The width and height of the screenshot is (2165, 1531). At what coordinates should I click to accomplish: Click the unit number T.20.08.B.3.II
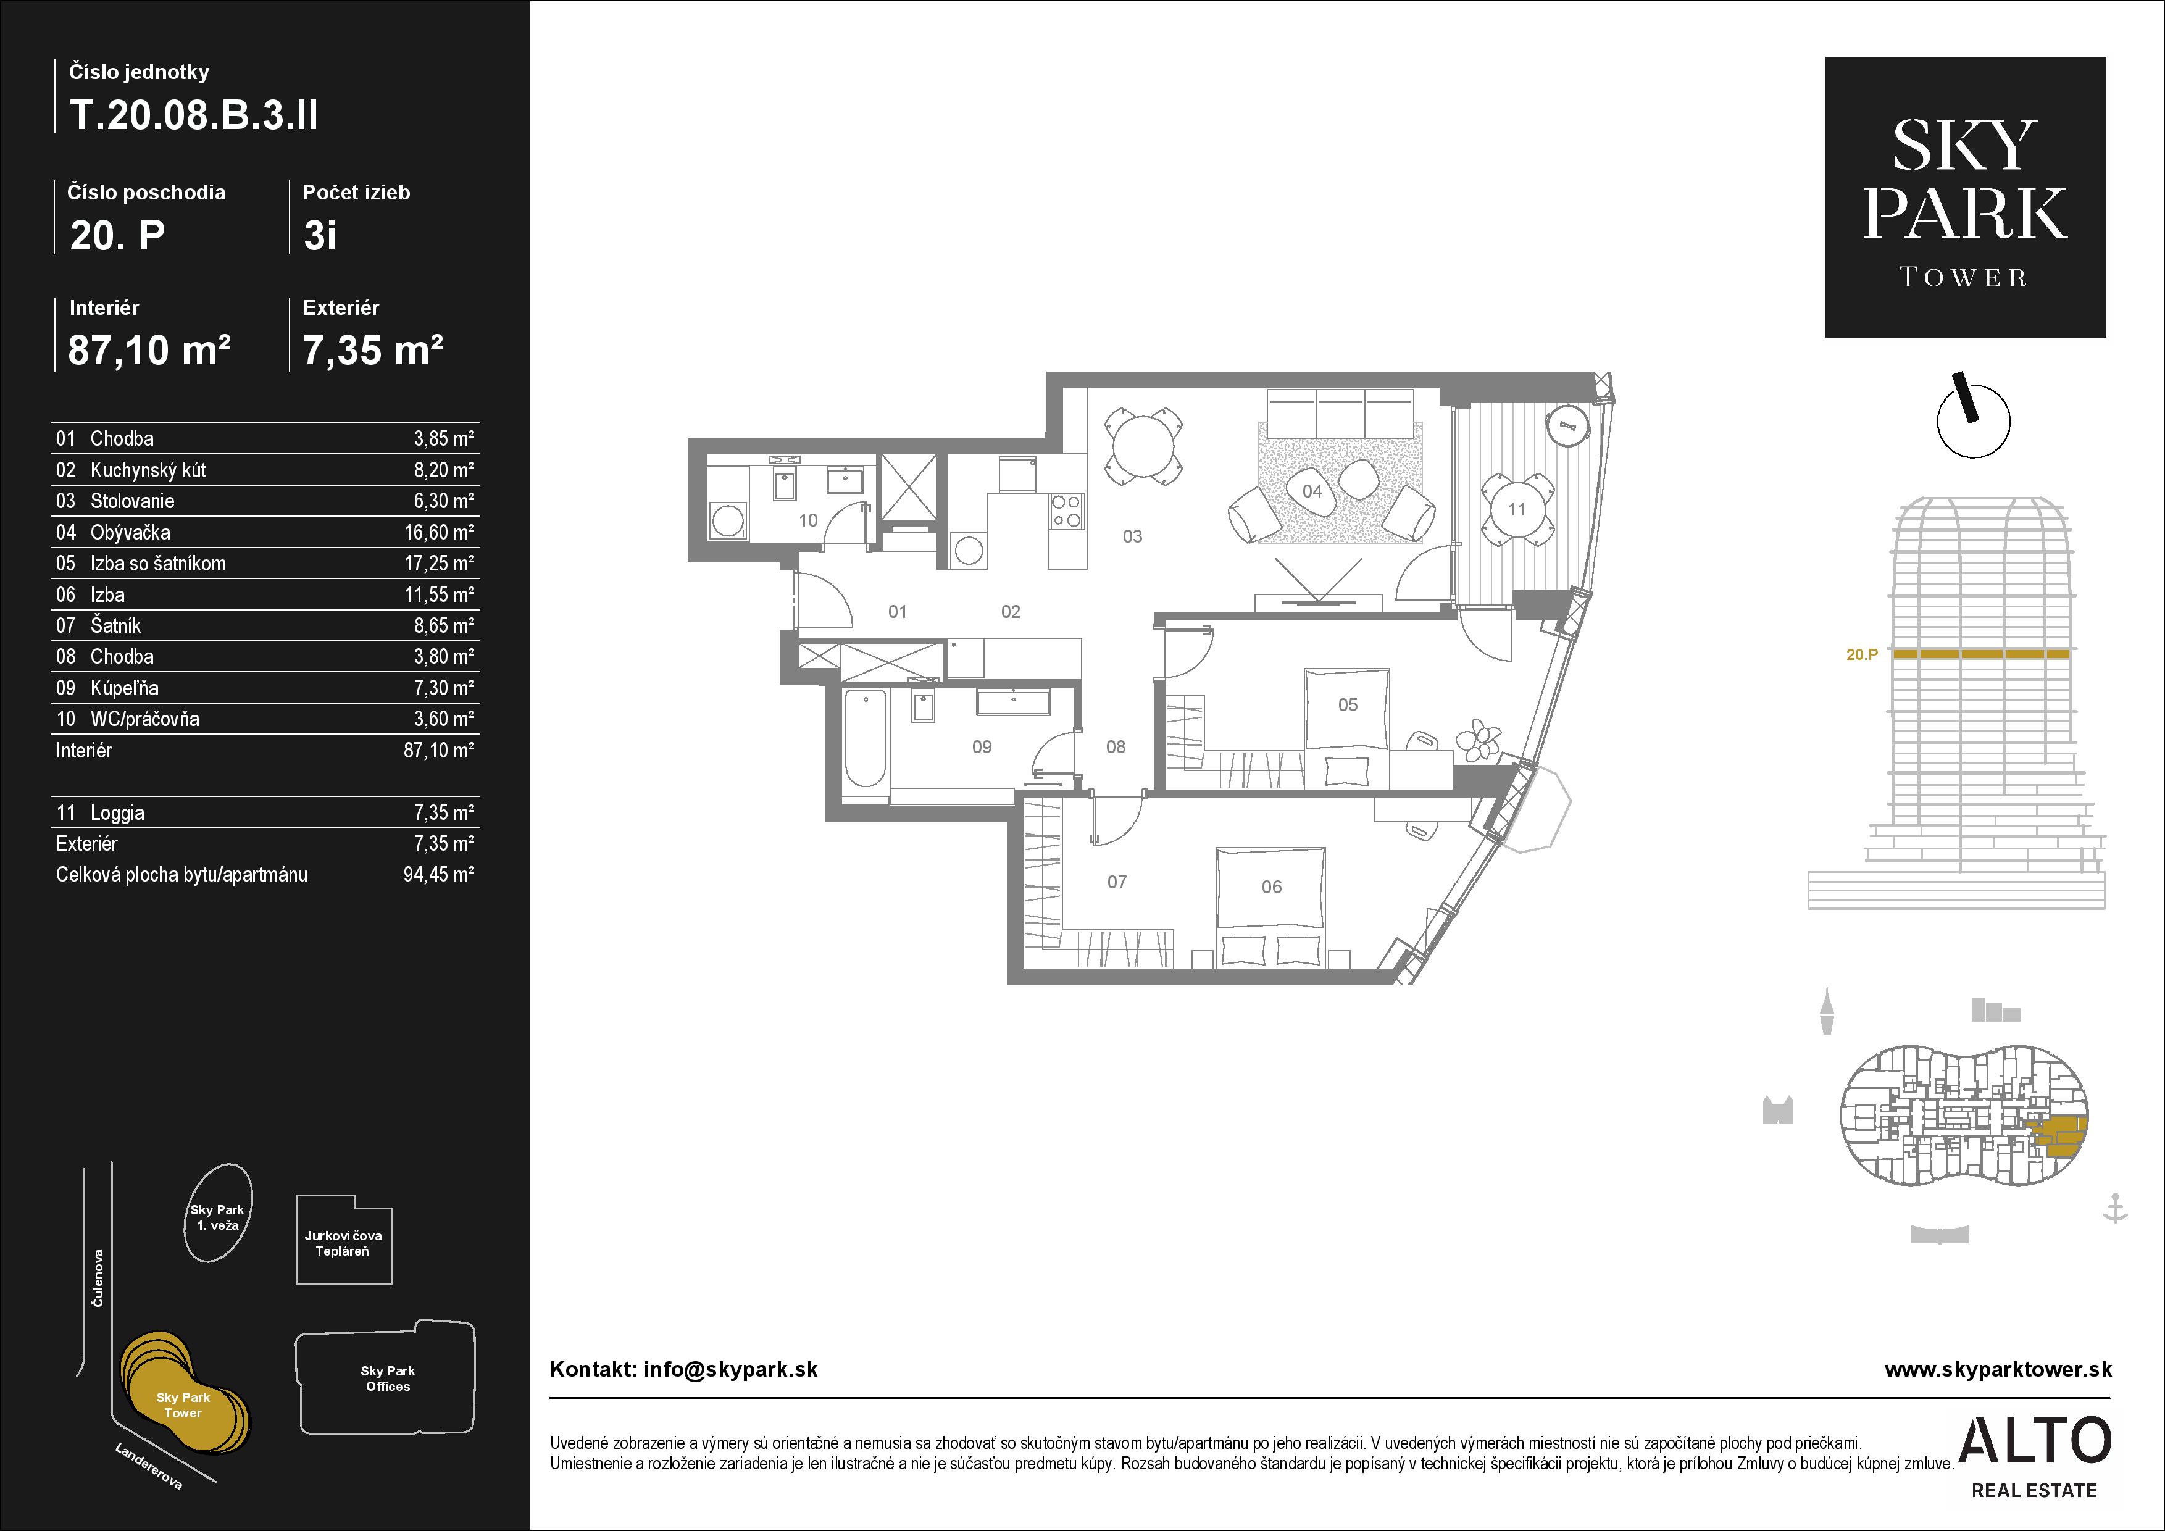point(193,115)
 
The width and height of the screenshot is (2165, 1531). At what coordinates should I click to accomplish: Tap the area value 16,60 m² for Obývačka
point(438,533)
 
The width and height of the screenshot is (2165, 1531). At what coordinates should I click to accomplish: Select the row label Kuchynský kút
point(148,469)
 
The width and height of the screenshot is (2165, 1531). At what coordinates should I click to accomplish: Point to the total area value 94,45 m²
point(438,875)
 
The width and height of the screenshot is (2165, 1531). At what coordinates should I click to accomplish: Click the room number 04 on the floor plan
point(1312,491)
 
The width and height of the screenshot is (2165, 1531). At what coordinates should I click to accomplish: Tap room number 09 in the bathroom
point(982,746)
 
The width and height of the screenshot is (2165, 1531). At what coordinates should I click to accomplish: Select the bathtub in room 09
point(865,738)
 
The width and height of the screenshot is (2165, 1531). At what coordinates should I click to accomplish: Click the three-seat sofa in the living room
point(1341,413)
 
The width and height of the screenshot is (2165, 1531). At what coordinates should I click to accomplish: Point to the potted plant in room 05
point(1477,740)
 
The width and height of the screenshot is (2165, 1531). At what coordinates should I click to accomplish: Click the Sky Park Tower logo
point(1965,197)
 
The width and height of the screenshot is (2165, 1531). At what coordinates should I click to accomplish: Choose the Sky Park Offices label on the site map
point(388,1379)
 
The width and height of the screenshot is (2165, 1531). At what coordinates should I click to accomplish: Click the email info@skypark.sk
point(731,1370)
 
